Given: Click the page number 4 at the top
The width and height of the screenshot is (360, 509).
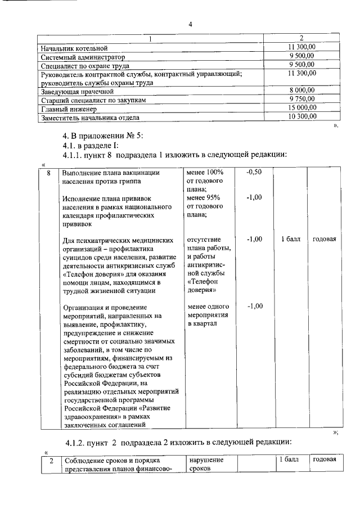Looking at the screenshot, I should coord(190,24).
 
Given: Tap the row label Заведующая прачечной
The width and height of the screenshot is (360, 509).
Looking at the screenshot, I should coord(78,91).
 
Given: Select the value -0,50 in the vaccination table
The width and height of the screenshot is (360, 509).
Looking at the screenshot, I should coord(254,172).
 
